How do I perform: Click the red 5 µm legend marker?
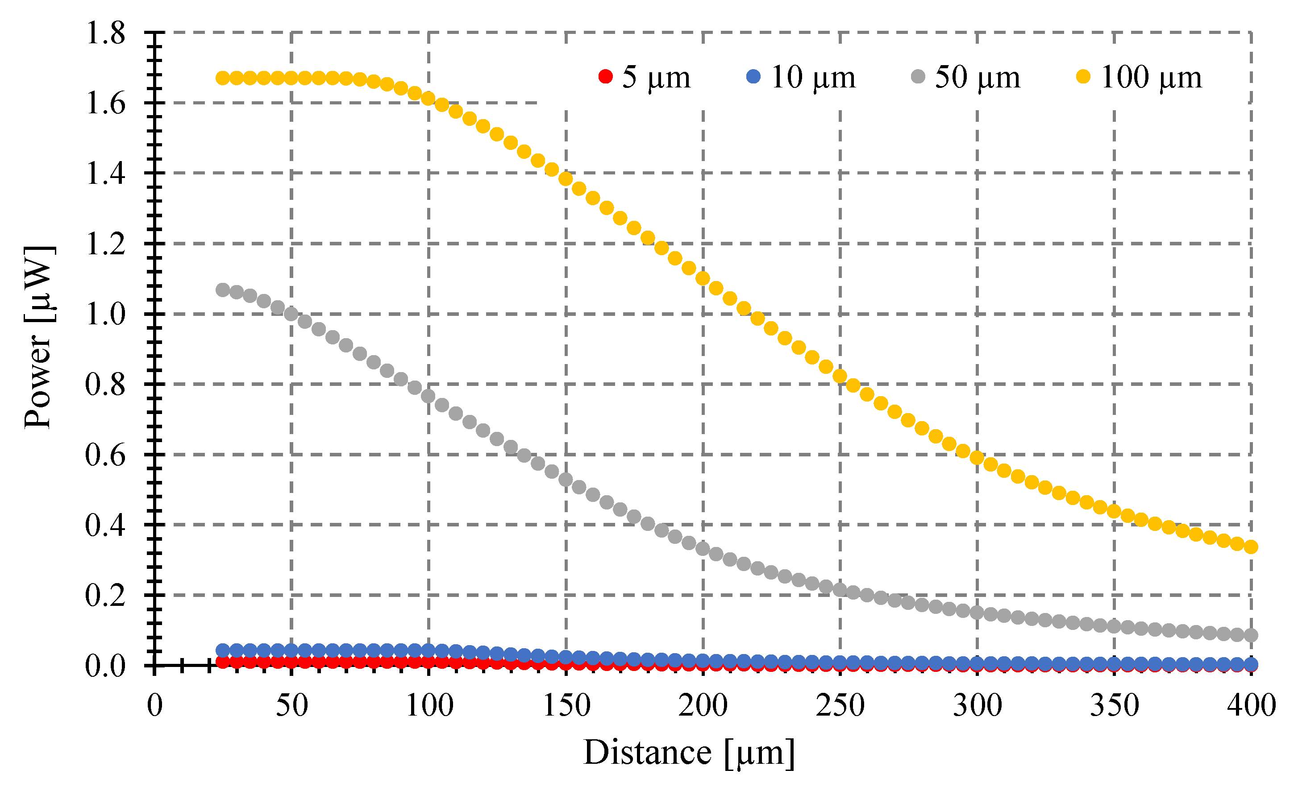pyautogui.click(x=606, y=77)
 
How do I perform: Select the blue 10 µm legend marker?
pyautogui.click(x=754, y=77)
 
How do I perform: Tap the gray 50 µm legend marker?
pyautogui.click(x=918, y=77)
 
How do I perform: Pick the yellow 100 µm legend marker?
pyautogui.click(x=1083, y=77)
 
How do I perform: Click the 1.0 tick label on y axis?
pyautogui.click(x=105, y=315)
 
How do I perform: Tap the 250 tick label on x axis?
pyautogui.click(x=840, y=706)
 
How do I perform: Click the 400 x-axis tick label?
pyautogui.click(x=1251, y=706)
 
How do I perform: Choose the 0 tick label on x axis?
pyautogui.click(x=154, y=706)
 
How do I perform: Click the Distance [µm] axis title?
pyautogui.click(x=689, y=753)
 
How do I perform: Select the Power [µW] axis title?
pyautogui.click(x=38, y=337)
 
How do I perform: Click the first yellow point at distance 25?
pyautogui.click(x=223, y=79)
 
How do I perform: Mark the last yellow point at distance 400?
pyautogui.click(x=1251, y=547)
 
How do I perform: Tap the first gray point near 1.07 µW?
pyautogui.click(x=223, y=290)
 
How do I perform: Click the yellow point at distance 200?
pyautogui.click(x=703, y=278)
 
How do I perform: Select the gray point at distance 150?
pyautogui.click(x=566, y=480)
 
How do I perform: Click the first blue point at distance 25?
pyautogui.click(x=223, y=650)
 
